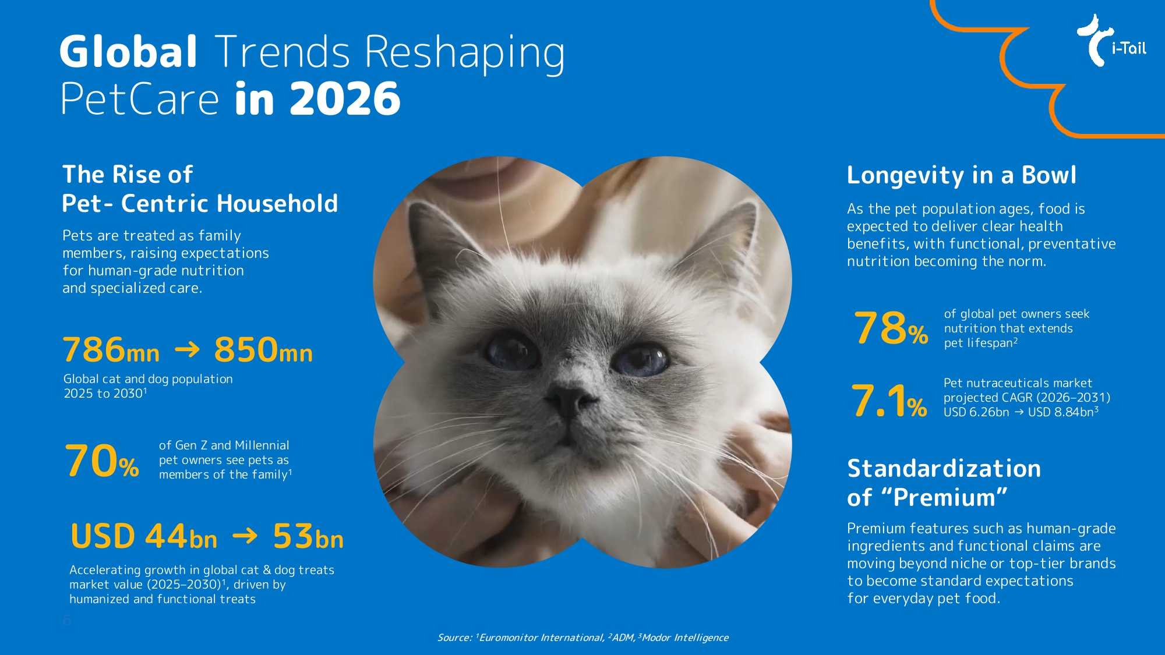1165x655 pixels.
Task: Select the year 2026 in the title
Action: coord(345,98)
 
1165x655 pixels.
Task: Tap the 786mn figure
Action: coord(111,349)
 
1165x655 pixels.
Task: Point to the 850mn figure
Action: coord(263,349)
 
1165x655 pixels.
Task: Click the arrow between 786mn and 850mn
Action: coord(187,349)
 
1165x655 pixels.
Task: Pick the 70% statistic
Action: coord(102,461)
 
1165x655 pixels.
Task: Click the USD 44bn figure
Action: coord(144,536)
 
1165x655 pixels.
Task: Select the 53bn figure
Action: coord(308,536)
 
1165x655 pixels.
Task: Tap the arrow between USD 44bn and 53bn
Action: coord(245,535)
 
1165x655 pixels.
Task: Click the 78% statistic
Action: coord(891,328)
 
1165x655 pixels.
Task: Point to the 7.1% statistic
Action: coord(889,401)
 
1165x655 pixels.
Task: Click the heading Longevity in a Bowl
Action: coord(962,175)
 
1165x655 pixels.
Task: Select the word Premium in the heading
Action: coord(944,498)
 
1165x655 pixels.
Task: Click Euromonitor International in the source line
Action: coord(542,638)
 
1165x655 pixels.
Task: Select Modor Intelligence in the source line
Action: coord(685,638)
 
